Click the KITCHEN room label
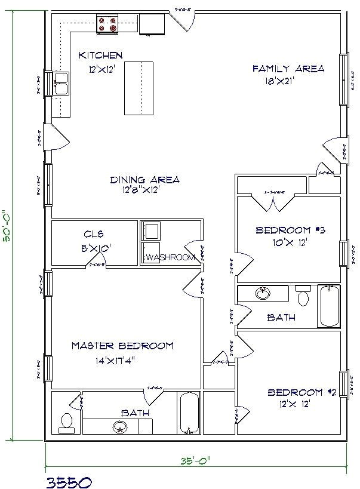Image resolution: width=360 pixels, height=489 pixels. [101, 56]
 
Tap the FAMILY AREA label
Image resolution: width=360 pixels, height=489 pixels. [288, 69]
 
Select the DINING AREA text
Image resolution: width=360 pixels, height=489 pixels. [145, 179]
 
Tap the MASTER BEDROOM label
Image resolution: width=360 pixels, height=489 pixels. [122, 345]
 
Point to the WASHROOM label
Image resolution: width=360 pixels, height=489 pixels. [170, 257]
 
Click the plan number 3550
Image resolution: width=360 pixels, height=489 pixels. [67, 481]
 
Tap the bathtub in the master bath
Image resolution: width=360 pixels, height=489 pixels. [189, 413]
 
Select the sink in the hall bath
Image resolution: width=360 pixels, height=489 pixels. [263, 294]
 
